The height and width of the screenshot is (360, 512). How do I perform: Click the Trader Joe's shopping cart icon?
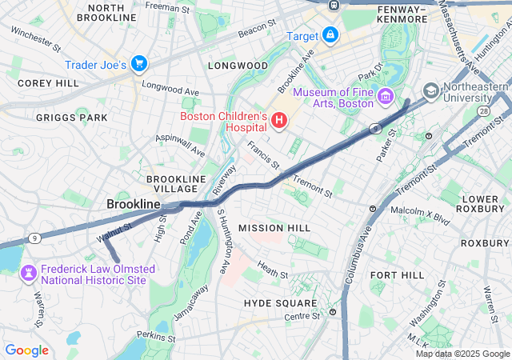[139, 63]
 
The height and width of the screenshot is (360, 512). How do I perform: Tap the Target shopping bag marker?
[330, 35]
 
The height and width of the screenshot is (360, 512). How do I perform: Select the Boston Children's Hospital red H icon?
[279, 121]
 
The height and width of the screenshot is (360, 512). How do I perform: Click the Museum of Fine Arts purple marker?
[386, 97]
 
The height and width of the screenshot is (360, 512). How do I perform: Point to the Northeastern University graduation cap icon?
[431, 90]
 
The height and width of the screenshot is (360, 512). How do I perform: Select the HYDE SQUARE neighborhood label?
[281, 304]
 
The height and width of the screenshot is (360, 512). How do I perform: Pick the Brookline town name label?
[134, 205]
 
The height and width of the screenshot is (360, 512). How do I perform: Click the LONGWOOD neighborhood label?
[238, 65]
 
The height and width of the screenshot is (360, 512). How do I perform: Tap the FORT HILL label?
[397, 274]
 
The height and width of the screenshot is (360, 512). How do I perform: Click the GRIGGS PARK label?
[71, 118]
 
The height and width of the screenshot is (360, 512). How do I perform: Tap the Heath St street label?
[273, 272]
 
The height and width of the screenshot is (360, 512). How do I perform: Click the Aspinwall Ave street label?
[181, 145]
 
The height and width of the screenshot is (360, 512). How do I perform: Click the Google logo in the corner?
[26, 350]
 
